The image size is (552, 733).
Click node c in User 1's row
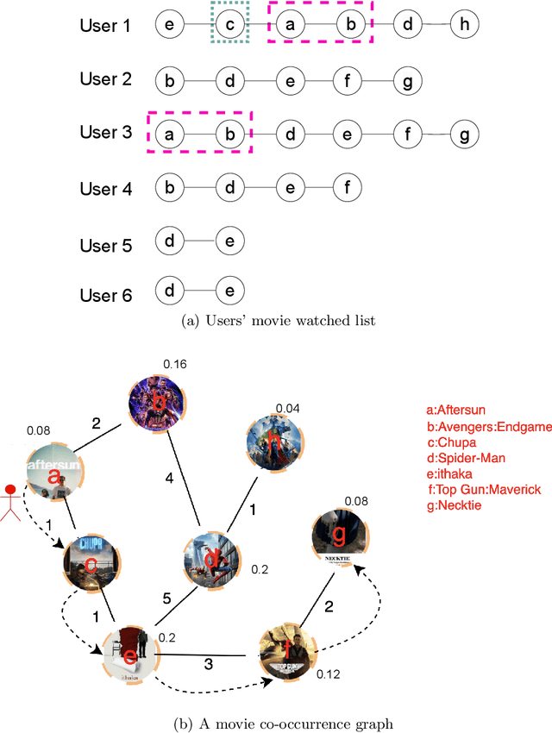[x=229, y=25]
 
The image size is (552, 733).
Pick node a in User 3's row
[x=170, y=135]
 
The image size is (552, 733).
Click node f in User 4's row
[x=347, y=187]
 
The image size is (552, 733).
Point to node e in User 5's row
[x=229, y=241]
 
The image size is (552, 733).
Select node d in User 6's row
[x=170, y=291]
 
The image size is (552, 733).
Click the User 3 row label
[x=105, y=133]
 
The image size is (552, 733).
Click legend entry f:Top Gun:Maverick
[x=484, y=489]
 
